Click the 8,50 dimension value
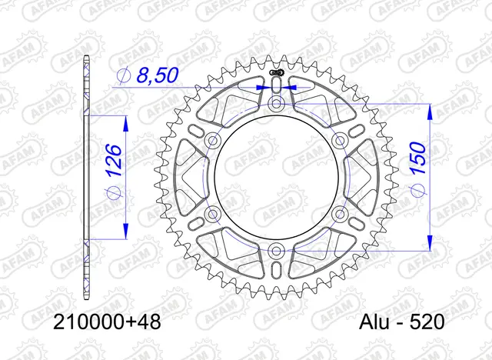(x=157, y=75)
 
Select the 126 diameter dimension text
(x=113, y=160)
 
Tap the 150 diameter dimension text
(x=418, y=158)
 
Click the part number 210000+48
(x=107, y=322)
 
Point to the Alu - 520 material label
(x=402, y=322)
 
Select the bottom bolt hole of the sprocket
(x=276, y=251)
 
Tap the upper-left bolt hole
(x=212, y=140)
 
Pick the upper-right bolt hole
(x=340, y=140)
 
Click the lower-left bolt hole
(x=212, y=214)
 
